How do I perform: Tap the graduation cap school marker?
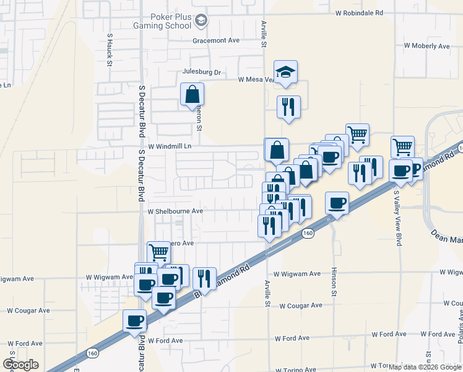(x=285, y=73)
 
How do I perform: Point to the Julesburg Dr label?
(x=201, y=72)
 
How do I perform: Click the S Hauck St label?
(x=109, y=48)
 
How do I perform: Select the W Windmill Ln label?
(x=170, y=146)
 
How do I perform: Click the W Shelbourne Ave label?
(x=175, y=211)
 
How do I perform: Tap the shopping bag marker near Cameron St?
(x=193, y=95)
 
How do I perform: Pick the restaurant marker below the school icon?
(x=288, y=107)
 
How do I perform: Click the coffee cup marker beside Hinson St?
(x=337, y=203)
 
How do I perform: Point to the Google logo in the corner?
(x=20, y=364)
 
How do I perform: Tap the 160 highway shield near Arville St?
(x=308, y=233)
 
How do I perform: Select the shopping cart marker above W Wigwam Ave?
(x=158, y=252)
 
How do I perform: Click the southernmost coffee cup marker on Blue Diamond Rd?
(x=134, y=321)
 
